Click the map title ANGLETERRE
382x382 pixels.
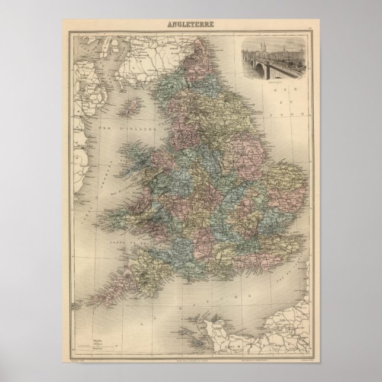pos(190,25)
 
